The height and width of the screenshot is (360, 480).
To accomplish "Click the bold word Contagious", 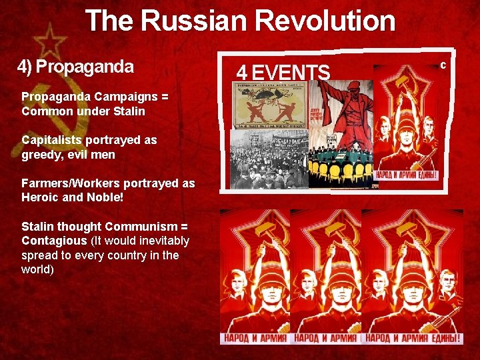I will tap(54, 240).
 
